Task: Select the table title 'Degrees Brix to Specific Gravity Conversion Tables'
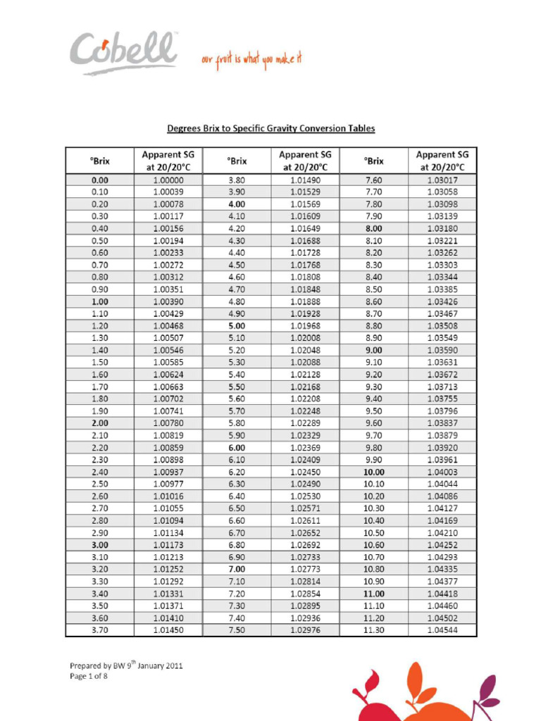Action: pos(270,128)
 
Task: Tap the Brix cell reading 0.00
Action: pos(100,180)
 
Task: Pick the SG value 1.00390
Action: pos(168,301)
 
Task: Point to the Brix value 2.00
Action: pos(100,422)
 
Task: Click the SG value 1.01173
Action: pos(168,544)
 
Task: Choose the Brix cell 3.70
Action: pos(100,629)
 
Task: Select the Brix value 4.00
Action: pos(237,204)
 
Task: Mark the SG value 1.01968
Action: pos(304,326)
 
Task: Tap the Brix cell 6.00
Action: pos(237,447)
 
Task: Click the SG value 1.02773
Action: pos(304,569)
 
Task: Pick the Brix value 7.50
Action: pos(237,629)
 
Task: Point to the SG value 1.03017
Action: pos(442,180)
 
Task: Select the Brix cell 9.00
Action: pos(374,350)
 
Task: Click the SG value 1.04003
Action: pos(442,472)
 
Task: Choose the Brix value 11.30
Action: pos(374,629)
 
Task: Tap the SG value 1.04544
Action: pos(442,629)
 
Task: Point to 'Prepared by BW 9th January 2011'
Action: pos(126,665)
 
